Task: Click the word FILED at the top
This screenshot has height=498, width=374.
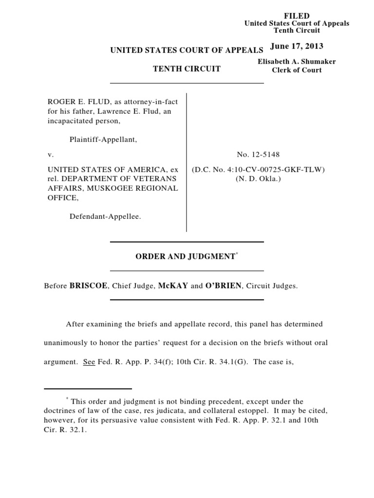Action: pyautogui.click(x=297, y=16)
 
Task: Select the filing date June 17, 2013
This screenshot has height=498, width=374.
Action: pyautogui.click(x=297, y=46)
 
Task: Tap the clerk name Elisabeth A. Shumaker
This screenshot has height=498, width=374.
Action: pyautogui.click(x=297, y=62)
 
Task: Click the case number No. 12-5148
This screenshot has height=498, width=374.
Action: pyautogui.click(x=258, y=155)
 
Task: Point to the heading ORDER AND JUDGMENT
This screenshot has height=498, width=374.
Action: pyautogui.click(x=185, y=256)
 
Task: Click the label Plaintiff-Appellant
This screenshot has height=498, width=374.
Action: pyautogui.click(x=103, y=140)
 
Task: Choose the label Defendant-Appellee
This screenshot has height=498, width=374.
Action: pyautogui.click(x=105, y=216)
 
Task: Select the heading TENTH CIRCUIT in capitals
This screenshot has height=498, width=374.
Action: pyautogui.click(x=187, y=69)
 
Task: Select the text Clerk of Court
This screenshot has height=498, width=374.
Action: pyautogui.click(x=297, y=70)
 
